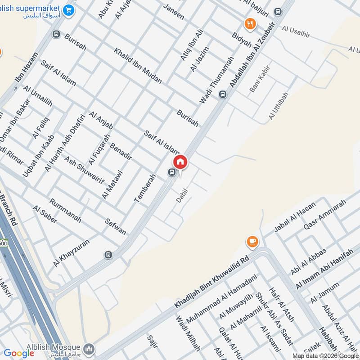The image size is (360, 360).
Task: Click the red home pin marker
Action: pos(180,162)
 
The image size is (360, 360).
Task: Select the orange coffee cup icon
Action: pos(252,242)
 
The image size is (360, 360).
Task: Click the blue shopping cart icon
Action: pos(68,9)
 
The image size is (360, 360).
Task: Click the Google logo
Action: pos(19,353)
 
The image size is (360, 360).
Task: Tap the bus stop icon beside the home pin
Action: pos(171,172)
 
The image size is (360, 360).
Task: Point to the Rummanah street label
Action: pos(66,211)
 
